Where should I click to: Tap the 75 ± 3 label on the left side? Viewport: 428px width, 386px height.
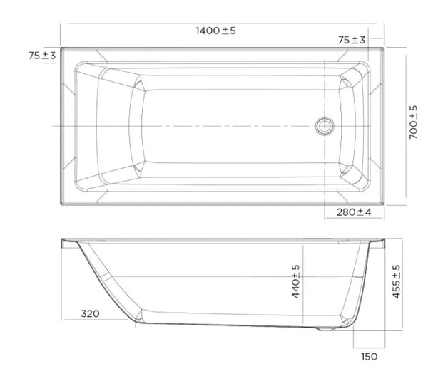point(42,56)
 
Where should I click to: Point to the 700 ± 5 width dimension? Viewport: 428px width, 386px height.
point(414,122)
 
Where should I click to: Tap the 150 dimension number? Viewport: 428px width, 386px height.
point(367,356)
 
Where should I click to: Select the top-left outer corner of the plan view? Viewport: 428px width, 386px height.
point(61,49)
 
